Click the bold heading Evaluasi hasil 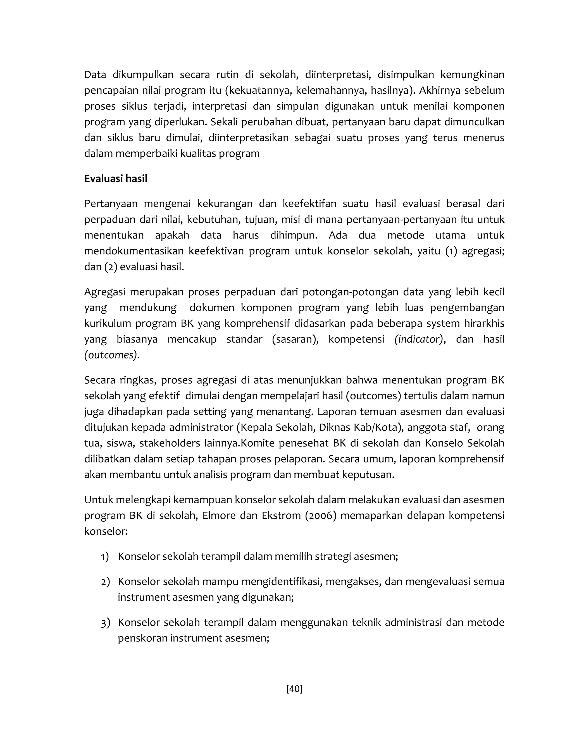coord(116,178)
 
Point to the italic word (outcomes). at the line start coord(112,355)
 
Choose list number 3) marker coord(105,623)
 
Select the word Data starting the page coord(95,75)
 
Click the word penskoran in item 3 coord(142,638)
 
